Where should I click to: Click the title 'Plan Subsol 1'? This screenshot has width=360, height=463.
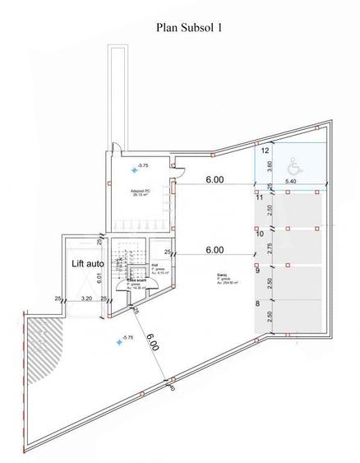[x=188, y=27]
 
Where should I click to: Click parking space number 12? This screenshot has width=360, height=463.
[x=265, y=151]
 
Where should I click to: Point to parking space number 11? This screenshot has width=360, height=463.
[x=258, y=197]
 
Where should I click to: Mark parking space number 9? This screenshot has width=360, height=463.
[x=257, y=270]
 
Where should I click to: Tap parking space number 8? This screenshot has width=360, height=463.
[x=257, y=304]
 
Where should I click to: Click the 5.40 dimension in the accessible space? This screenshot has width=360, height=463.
[x=291, y=180]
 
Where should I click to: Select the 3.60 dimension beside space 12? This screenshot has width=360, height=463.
[x=269, y=165]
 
